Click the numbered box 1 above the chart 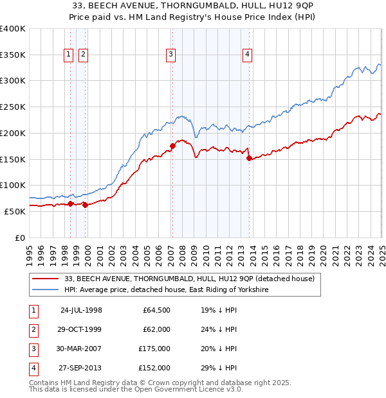click(x=68, y=55)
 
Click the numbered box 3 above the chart click(x=170, y=55)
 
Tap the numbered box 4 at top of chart click(x=247, y=55)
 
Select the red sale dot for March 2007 click(x=172, y=146)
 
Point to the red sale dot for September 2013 click(x=249, y=158)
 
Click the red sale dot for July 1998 click(x=70, y=203)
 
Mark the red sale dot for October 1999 click(x=85, y=205)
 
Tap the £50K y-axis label click(x=15, y=211)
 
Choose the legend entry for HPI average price click(x=166, y=290)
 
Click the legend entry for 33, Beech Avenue click(x=189, y=279)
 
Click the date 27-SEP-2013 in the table click(x=80, y=368)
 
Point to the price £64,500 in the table click(x=157, y=310)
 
